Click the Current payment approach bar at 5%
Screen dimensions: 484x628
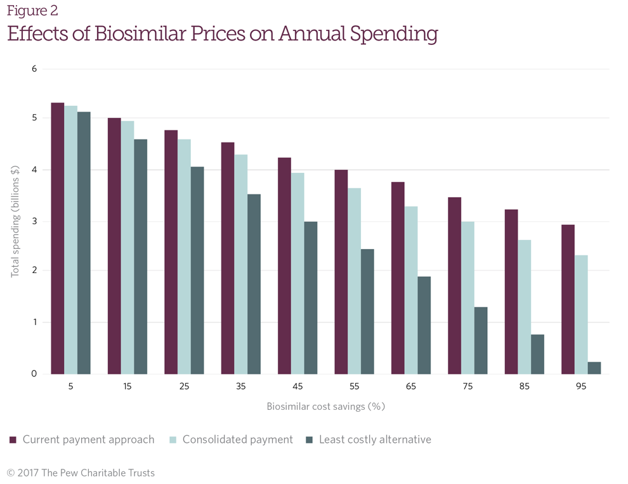[x=58, y=238]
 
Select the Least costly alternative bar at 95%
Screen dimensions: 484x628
[x=594, y=368]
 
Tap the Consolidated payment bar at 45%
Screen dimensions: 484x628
[x=298, y=273]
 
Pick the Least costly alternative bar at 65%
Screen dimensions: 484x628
[x=424, y=325]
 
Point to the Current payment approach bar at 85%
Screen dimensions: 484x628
[x=511, y=291]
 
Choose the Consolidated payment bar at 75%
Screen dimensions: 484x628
[x=468, y=298]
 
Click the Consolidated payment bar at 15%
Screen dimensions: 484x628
[x=128, y=247]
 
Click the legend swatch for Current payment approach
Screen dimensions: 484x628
[x=13, y=440]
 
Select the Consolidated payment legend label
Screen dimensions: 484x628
[x=237, y=440]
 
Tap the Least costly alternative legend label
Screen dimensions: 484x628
[x=375, y=440]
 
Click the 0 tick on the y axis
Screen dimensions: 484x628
[x=35, y=374]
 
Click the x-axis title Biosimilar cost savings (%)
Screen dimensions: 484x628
[x=325, y=406]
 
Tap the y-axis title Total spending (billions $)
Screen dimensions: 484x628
[x=15, y=221]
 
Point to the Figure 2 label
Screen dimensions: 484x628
[x=32, y=11]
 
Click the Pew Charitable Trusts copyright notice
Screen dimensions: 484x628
[x=81, y=473]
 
